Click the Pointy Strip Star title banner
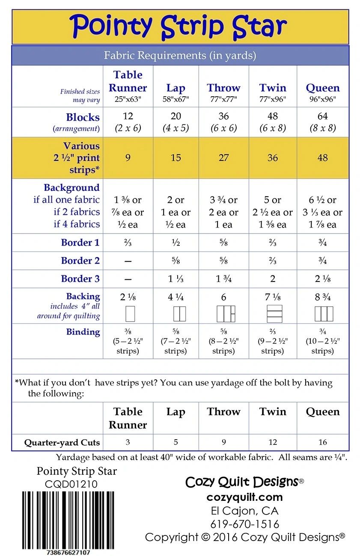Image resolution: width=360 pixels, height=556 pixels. [180, 27]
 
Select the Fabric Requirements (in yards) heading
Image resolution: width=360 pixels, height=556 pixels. [180, 55]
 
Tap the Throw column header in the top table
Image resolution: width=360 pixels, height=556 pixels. [223, 88]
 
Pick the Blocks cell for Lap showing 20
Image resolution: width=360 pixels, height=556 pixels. [176, 116]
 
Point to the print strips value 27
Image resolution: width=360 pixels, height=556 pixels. [223, 158]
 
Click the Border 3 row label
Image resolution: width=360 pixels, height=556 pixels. [80, 279]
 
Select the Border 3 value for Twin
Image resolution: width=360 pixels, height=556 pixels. [273, 279]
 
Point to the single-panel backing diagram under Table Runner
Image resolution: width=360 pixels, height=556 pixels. [130, 313]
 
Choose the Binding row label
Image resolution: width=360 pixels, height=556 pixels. [83, 331]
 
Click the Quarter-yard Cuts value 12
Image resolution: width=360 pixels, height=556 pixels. [273, 442]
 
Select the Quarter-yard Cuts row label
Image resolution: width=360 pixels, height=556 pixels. [62, 442]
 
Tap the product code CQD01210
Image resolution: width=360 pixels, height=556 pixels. [71, 484]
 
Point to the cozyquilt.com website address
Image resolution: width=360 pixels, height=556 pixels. [244, 497]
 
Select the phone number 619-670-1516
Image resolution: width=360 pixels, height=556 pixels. [244, 524]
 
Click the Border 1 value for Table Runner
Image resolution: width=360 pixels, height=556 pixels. [128, 243]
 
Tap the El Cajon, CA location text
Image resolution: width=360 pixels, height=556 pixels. [244, 511]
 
